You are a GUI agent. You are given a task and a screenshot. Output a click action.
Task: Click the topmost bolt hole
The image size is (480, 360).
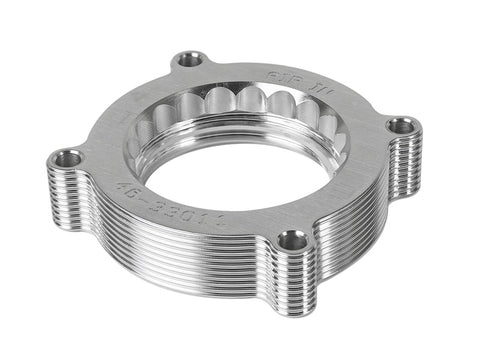coord(190,59)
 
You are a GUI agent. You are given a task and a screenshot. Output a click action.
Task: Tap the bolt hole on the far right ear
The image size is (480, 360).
coord(403,126)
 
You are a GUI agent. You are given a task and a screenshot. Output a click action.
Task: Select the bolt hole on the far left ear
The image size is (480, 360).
coord(69,157)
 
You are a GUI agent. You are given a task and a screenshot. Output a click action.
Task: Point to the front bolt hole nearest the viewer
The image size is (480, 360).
coord(292,239)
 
